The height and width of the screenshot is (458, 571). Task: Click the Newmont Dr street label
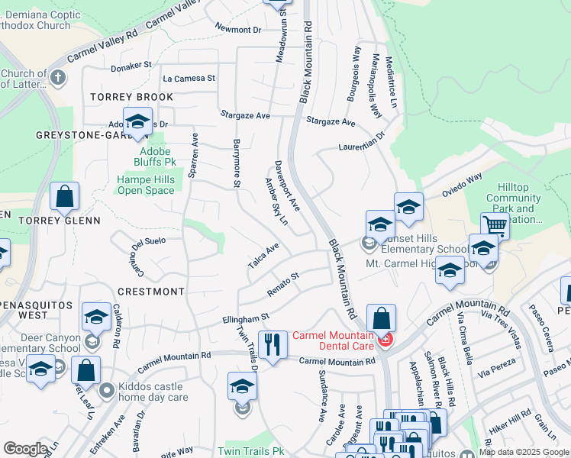pyautogui.click(x=238, y=30)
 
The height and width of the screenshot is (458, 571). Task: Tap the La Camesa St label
pyautogui.click(x=189, y=78)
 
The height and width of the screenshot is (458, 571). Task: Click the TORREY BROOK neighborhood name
pyautogui.click(x=131, y=97)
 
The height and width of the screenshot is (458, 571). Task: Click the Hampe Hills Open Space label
pyautogui.click(x=146, y=185)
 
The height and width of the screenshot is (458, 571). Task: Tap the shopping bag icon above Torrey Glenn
pyautogui.click(x=65, y=197)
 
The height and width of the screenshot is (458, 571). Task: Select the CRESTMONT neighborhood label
pyautogui.click(x=151, y=292)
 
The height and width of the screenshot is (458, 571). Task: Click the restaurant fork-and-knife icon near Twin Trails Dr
pyautogui.click(x=272, y=344)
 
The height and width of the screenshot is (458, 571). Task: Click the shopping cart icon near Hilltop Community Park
pyautogui.click(x=495, y=225)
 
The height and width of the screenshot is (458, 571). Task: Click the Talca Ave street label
pyautogui.click(x=263, y=256)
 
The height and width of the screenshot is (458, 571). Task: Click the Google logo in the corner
pyautogui.click(x=25, y=450)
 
